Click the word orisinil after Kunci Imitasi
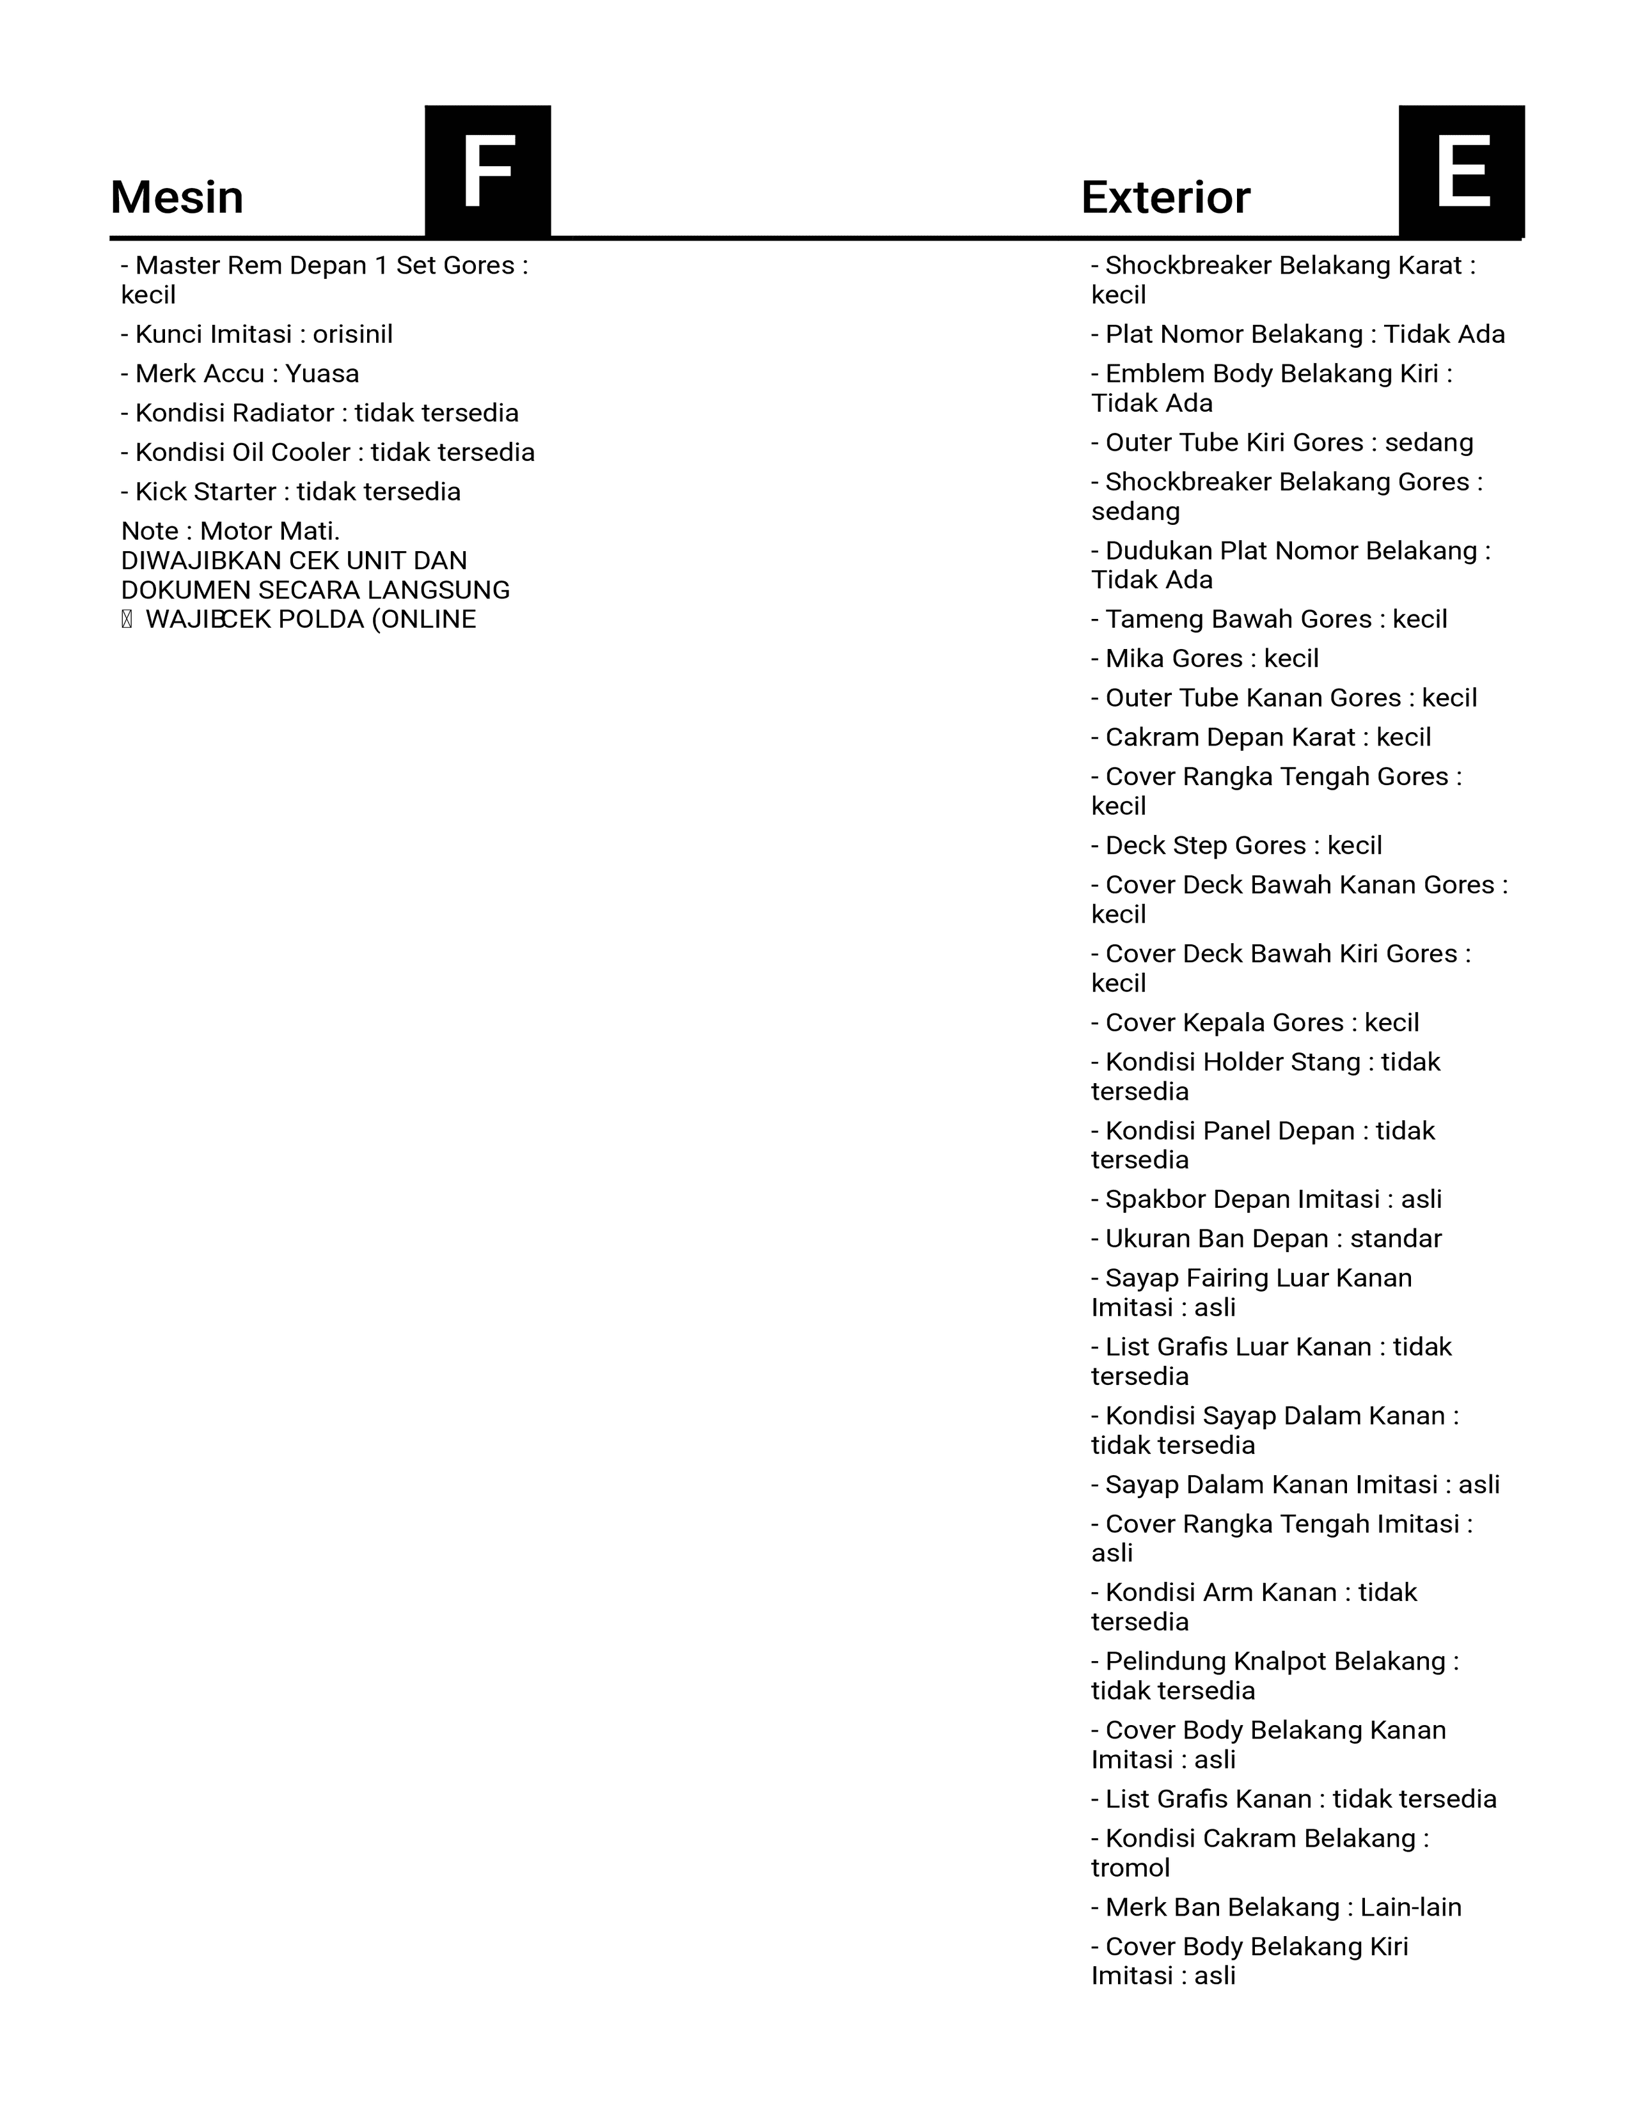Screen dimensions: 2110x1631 click(x=352, y=334)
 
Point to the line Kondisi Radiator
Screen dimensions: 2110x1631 click(x=319, y=414)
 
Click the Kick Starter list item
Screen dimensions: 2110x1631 click(x=290, y=492)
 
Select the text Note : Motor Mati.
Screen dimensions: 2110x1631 click(x=230, y=531)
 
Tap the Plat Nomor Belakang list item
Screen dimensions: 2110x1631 click(x=1298, y=334)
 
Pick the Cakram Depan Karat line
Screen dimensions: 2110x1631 click(x=1261, y=737)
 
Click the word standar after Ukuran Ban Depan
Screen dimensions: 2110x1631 click(x=1395, y=1239)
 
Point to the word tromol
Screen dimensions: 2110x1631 click(x=1130, y=1868)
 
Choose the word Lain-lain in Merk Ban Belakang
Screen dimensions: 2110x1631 click(x=1411, y=1907)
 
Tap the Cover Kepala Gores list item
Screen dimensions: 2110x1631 click(x=1255, y=1022)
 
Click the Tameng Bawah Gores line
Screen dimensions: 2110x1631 click(x=1269, y=620)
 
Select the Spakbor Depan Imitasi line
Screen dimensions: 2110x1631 click(x=1266, y=1199)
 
